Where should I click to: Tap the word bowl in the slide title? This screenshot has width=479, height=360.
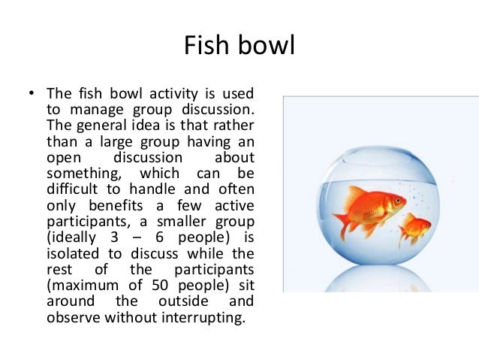pos(264,46)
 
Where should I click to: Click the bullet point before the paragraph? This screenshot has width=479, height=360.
pos(31,95)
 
